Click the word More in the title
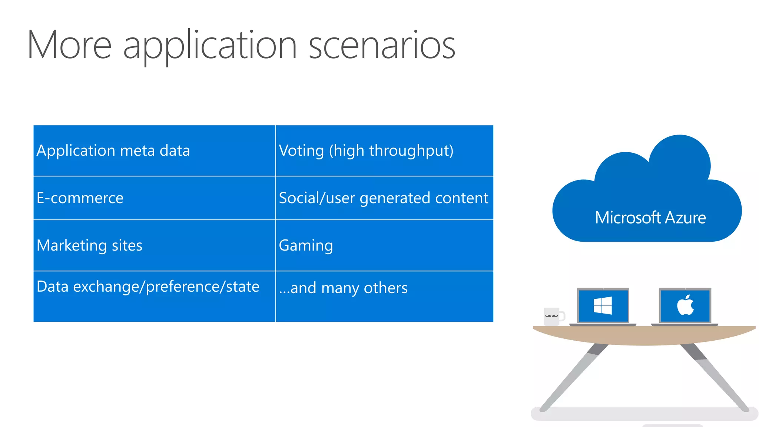69,45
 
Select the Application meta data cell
154,150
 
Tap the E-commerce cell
154,198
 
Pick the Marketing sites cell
154,245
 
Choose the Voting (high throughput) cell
384,150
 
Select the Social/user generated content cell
384,198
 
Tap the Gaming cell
384,245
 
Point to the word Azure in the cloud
685,218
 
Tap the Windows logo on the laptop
603,305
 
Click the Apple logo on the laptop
685,305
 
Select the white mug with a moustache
551,317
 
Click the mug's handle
562,317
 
